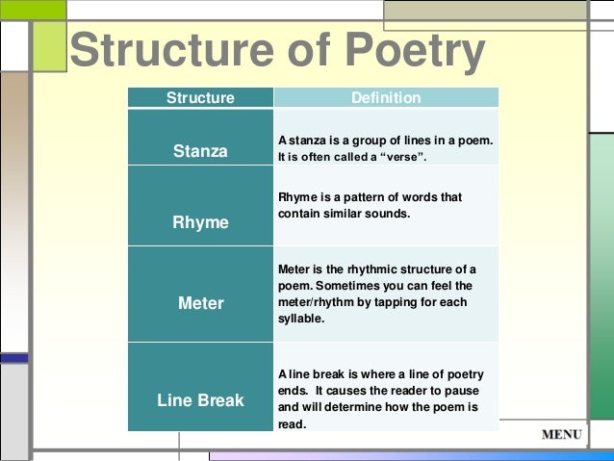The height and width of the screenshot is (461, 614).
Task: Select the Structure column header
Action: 200,98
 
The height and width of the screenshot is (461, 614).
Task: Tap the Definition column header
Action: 386,98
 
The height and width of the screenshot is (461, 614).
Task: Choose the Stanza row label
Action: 200,151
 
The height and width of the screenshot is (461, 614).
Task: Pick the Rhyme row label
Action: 200,222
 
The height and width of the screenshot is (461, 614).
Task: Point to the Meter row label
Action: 200,303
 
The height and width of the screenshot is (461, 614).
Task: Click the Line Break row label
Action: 200,399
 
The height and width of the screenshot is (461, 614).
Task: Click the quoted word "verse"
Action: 425,159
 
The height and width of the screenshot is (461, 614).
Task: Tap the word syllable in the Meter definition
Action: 300,318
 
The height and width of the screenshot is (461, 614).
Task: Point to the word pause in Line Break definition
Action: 460,391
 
